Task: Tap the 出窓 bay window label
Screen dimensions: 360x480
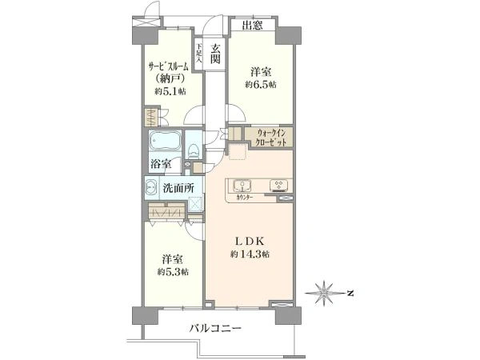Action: coord(253,25)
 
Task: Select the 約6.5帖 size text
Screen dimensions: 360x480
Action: coord(261,84)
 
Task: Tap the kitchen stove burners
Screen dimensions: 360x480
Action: coord(280,187)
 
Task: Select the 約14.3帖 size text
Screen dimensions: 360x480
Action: coord(249,254)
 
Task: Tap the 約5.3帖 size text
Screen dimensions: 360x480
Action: coord(173,272)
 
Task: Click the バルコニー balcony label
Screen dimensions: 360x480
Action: coord(215,328)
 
